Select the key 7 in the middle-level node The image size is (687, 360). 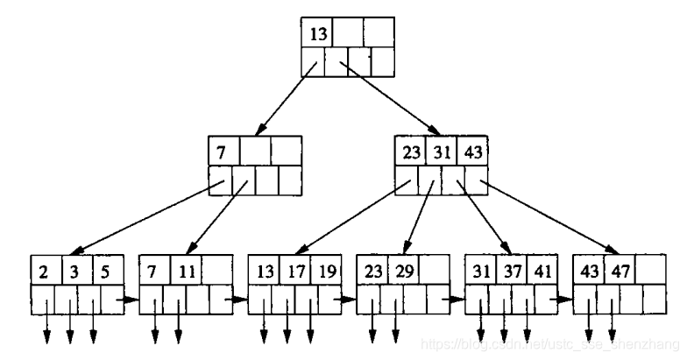(x=223, y=151)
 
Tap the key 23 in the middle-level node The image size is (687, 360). (x=411, y=151)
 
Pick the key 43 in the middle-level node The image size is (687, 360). (x=474, y=151)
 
